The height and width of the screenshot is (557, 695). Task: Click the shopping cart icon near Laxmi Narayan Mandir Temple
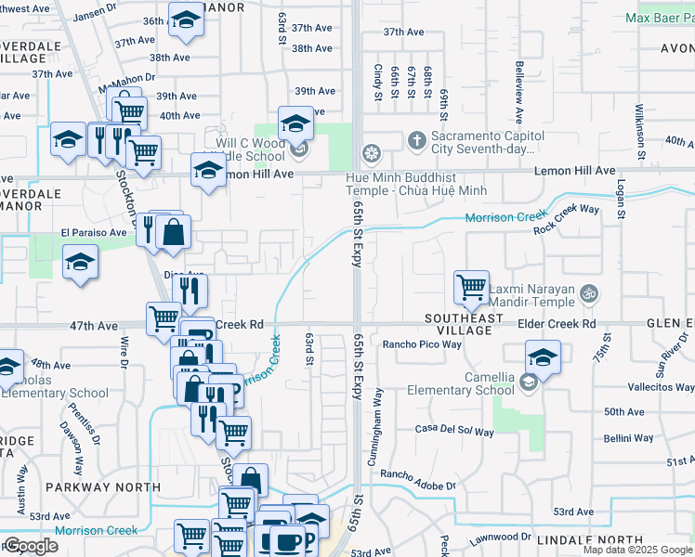click(472, 287)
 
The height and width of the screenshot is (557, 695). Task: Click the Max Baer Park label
click(659, 18)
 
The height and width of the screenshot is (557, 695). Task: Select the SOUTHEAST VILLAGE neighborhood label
click(464, 324)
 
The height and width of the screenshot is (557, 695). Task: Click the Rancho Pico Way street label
click(422, 344)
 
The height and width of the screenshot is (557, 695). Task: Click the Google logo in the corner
click(31, 546)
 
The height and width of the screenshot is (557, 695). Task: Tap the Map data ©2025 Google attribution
click(637, 550)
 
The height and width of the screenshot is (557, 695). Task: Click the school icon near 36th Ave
click(187, 20)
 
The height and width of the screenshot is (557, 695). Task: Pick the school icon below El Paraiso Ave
click(81, 264)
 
